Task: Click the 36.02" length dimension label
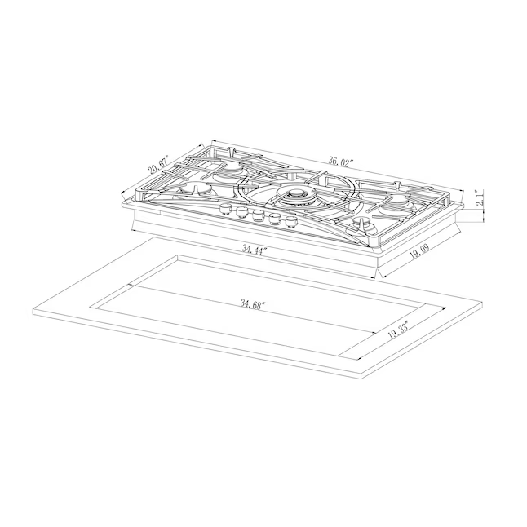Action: click(x=341, y=162)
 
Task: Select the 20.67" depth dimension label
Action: click(x=158, y=165)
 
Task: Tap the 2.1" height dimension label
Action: click(x=480, y=198)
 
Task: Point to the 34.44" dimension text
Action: click(x=255, y=250)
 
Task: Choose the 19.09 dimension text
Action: click(x=420, y=252)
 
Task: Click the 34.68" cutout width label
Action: click(x=253, y=304)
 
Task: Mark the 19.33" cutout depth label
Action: click(x=398, y=330)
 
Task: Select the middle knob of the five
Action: click(x=258, y=216)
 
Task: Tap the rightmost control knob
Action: click(x=292, y=223)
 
